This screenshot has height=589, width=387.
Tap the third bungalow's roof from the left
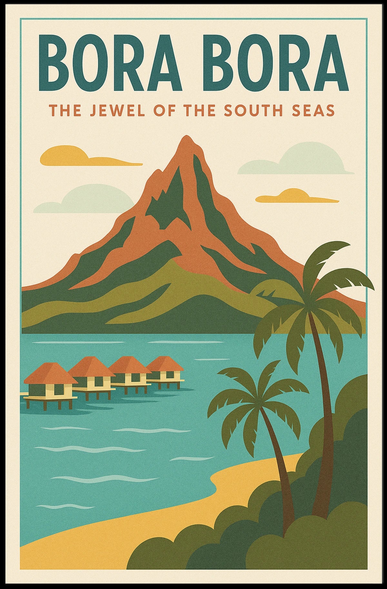coord(129,365)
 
